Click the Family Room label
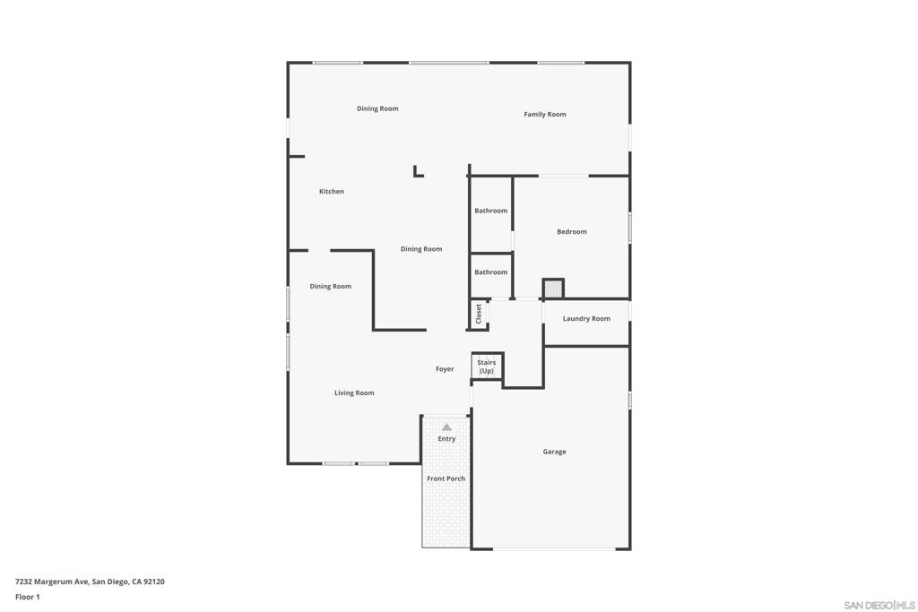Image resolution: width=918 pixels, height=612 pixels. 545,115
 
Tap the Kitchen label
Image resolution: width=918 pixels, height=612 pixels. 332,192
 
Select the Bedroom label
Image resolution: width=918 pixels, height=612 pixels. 571,232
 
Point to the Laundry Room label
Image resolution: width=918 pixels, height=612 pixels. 586,319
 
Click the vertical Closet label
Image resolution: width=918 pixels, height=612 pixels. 479,314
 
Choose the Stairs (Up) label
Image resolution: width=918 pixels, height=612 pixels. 487,366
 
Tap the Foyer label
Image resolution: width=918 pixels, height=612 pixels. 445,369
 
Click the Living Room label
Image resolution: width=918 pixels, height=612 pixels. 354,393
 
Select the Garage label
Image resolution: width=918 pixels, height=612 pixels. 554,453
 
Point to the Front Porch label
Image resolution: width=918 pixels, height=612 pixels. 446,479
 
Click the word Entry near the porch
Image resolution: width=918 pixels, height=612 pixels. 446,439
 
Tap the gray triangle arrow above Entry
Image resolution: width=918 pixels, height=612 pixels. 446,427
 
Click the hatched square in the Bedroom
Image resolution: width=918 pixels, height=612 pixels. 553,289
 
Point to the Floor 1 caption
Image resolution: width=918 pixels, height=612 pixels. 28,597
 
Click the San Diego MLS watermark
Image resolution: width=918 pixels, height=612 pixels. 879,605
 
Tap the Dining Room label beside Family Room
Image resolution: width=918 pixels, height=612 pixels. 377,109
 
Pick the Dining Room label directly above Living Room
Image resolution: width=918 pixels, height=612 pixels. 331,287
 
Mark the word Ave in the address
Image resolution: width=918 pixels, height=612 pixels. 82,582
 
